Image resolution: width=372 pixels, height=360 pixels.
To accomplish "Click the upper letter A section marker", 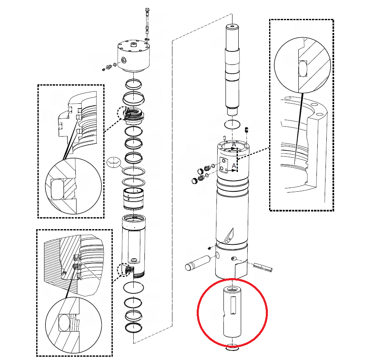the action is point(234,144).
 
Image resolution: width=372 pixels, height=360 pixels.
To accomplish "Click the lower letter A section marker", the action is point(234,165).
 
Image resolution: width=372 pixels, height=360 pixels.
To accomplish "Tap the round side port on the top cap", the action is point(124,60).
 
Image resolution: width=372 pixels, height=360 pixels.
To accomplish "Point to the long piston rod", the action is point(232,69).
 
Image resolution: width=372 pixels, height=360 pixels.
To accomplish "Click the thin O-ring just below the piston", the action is point(232,124).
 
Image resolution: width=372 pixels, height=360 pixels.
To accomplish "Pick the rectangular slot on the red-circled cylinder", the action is point(233,305).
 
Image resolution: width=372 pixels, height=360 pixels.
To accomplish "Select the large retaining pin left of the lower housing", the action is point(198,263).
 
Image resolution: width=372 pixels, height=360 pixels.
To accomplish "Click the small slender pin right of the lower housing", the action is point(263,267).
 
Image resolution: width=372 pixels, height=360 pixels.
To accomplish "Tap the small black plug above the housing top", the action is point(247,130).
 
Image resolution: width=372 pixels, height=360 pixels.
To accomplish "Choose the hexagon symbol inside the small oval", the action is point(114,162).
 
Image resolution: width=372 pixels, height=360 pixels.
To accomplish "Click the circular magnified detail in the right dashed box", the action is point(302,65).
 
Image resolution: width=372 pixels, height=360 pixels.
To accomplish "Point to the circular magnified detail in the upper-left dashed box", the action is point(73,186).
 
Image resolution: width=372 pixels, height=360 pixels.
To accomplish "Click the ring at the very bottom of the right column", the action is point(232,348).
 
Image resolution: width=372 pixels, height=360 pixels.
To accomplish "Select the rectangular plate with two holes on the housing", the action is point(224,165).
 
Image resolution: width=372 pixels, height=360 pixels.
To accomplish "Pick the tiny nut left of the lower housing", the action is point(209,248).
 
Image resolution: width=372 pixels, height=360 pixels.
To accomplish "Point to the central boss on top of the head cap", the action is point(134,44).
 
